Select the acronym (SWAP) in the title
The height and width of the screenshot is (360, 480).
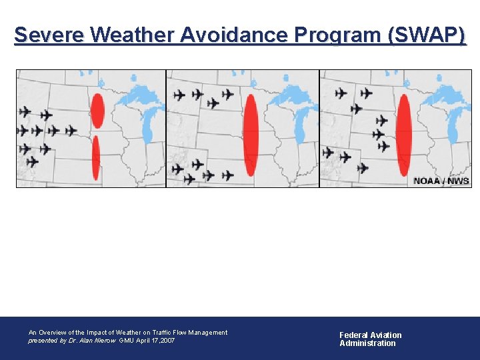(x=427, y=35)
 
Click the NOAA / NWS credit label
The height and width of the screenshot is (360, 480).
(x=441, y=181)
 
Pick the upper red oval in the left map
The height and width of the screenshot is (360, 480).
(x=97, y=111)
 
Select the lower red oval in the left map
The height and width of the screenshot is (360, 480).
(x=96, y=157)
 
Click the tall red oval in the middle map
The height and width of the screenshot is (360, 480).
(x=251, y=135)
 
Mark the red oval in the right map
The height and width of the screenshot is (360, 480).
(x=403, y=135)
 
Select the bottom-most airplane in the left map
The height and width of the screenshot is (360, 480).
(x=32, y=162)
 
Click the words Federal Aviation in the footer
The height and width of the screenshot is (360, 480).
(x=371, y=335)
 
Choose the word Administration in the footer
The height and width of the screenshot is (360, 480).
(x=367, y=343)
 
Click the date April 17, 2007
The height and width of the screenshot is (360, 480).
(x=157, y=341)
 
